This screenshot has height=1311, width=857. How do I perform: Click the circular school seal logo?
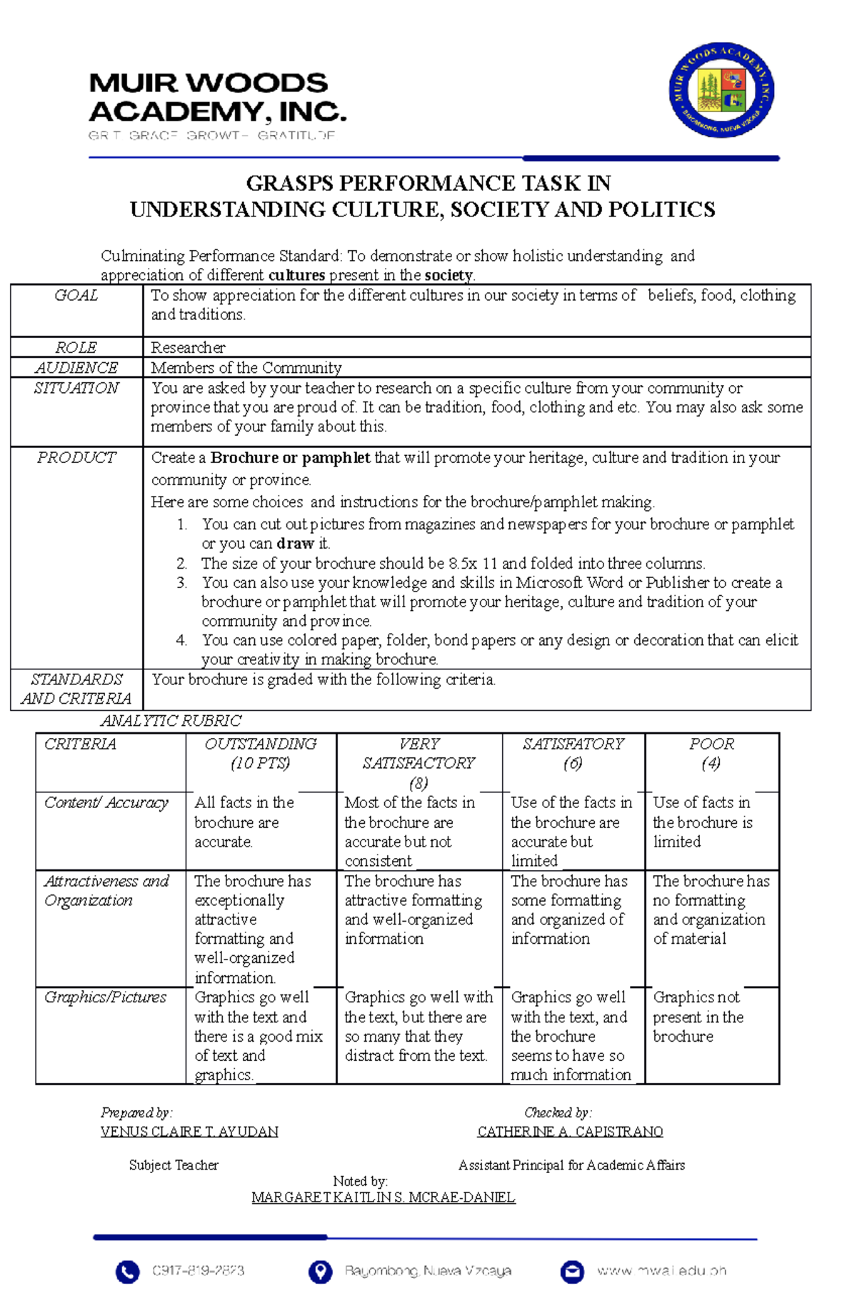click(x=721, y=89)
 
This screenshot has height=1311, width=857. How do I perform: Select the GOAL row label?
click(x=76, y=296)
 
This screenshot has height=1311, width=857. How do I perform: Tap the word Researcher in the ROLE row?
click(x=188, y=348)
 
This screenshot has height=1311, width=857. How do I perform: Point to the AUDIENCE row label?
click(x=76, y=368)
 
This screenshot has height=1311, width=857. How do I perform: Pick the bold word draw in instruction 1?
click(x=295, y=544)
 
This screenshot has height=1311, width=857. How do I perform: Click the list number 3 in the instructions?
click(x=181, y=583)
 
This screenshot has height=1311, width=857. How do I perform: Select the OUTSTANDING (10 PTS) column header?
click(x=261, y=754)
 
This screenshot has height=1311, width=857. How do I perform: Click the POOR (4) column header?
click(x=711, y=754)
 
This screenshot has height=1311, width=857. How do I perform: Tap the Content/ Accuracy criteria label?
click(x=106, y=803)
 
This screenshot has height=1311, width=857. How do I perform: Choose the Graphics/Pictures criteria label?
click(x=105, y=997)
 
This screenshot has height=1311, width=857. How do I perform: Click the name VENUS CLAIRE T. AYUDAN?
click(x=189, y=1132)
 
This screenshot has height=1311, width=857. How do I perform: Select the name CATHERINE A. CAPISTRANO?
click(x=570, y=1132)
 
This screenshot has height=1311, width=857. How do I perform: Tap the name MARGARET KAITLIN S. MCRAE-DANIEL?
click(x=383, y=1197)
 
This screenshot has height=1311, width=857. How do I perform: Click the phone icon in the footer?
click(x=127, y=1272)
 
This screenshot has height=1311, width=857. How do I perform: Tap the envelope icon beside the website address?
click(x=572, y=1272)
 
